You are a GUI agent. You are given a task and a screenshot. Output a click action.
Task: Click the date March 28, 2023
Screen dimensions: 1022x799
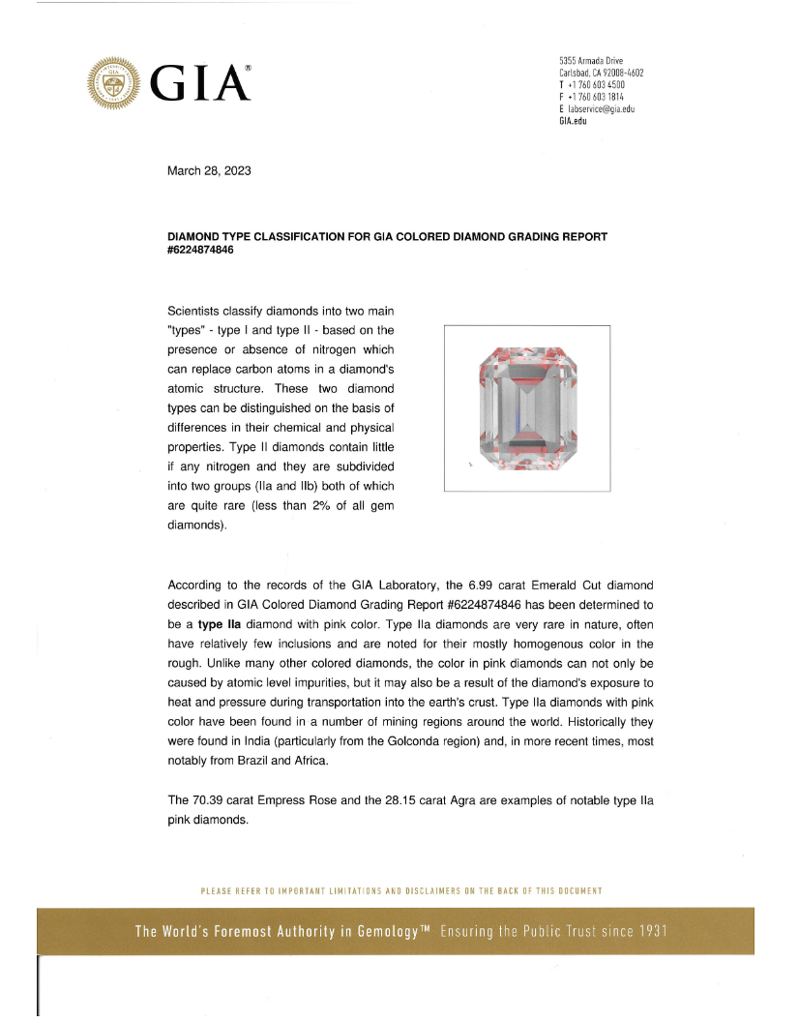coord(209,171)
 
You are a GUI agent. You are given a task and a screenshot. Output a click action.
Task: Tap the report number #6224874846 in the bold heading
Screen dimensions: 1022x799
coord(201,249)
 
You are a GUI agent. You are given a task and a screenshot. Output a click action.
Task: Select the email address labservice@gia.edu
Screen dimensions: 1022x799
coord(601,109)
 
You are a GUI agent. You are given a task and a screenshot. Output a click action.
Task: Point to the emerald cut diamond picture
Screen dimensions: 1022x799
coord(526,409)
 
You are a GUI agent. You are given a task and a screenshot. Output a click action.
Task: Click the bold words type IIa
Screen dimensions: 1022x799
coord(220,624)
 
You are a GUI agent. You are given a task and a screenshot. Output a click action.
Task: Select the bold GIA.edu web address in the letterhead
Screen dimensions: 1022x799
coord(573,121)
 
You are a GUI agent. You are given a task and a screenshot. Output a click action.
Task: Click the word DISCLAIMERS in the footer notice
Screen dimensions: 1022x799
coord(462,890)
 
